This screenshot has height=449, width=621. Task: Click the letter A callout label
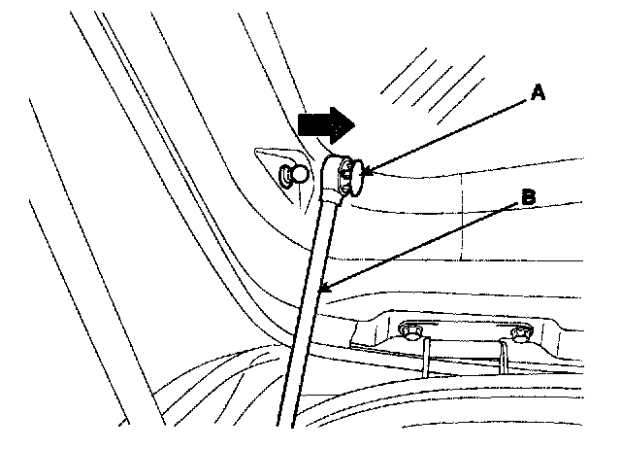[537, 93]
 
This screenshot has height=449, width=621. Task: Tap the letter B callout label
[528, 198]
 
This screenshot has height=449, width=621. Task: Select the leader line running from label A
[446, 133]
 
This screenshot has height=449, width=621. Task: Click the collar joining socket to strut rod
[333, 198]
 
